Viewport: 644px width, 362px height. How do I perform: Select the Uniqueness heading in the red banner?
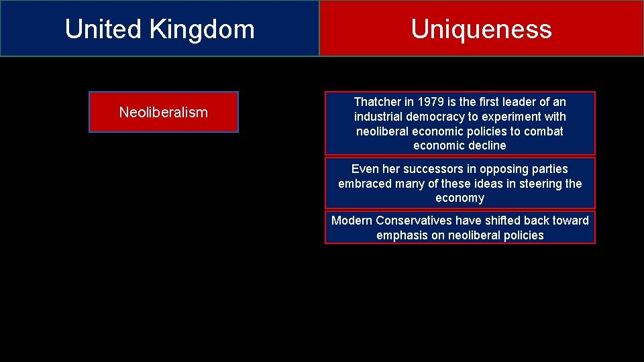(481, 29)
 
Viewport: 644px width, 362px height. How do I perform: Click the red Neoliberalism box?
(164, 112)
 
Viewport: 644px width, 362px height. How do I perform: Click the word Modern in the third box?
(352, 221)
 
